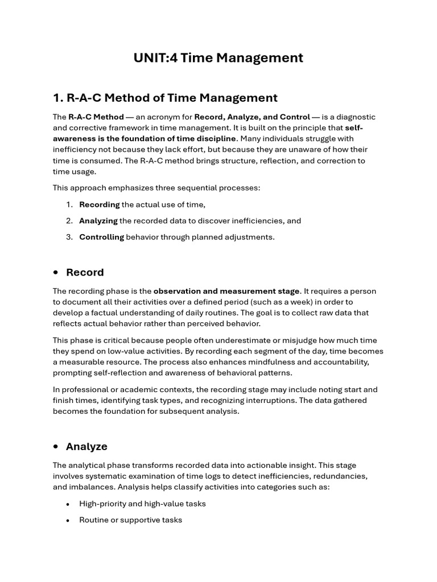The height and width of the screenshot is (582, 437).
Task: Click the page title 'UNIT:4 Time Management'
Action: (218, 58)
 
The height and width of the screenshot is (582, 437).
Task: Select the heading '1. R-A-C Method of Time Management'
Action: (165, 98)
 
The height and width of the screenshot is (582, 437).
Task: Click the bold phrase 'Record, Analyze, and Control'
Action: (252, 117)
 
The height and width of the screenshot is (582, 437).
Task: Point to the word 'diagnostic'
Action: (355, 117)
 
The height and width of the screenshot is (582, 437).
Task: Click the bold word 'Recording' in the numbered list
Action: (100, 205)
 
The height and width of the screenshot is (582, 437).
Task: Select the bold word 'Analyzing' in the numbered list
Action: (98, 221)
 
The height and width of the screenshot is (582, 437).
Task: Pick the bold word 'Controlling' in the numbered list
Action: (101, 237)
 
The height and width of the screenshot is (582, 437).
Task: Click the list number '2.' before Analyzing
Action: (69, 221)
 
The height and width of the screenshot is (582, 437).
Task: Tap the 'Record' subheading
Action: (85, 272)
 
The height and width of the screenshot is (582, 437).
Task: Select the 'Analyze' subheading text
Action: (86, 447)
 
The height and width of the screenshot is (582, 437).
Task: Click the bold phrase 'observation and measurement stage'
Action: (226, 291)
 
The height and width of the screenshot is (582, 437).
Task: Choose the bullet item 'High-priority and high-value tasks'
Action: (142, 504)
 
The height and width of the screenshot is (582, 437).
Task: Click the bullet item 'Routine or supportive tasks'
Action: (130, 519)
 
